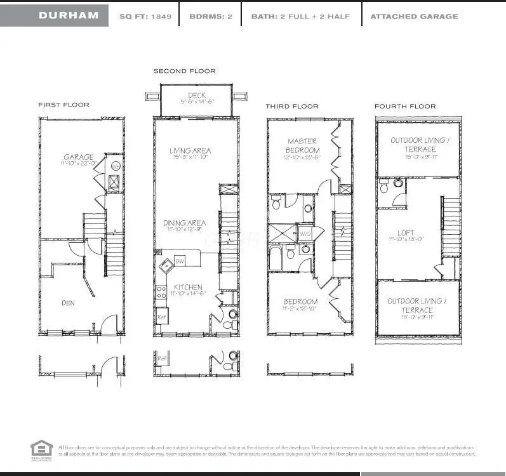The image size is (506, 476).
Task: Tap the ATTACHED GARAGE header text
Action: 413,16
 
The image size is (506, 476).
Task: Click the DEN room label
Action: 68,303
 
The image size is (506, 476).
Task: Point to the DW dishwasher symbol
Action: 180,261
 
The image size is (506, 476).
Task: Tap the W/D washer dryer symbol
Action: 305,234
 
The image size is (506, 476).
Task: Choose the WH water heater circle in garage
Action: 116,166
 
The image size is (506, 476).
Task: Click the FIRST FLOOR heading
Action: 63,105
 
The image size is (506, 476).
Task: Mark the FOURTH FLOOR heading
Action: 404,106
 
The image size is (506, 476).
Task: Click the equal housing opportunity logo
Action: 40,449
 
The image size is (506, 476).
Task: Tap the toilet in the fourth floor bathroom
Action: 397,184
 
